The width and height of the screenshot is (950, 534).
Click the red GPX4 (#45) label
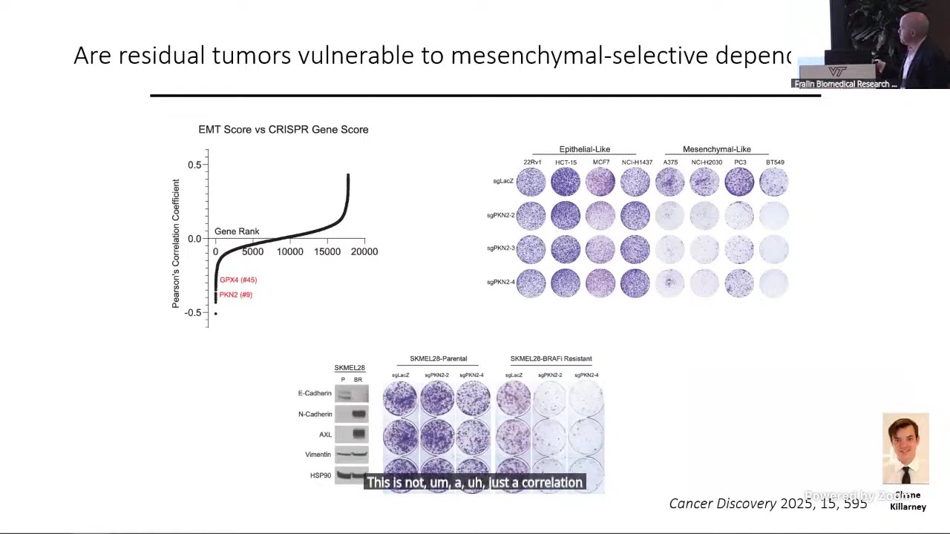pyautogui.click(x=237, y=280)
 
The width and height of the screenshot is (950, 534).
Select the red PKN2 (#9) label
pyautogui.click(x=235, y=294)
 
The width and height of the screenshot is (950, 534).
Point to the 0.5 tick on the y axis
pyautogui.click(x=194, y=165)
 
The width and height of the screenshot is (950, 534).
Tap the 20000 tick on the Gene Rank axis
pyautogui.click(x=364, y=252)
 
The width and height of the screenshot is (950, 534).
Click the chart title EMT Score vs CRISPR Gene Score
pyautogui.click(x=283, y=129)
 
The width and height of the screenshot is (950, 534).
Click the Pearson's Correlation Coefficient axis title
pyautogui.click(x=176, y=243)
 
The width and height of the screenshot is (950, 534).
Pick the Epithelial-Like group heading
pyautogui.click(x=584, y=149)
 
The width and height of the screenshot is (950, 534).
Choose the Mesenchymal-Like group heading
pyautogui.click(x=716, y=149)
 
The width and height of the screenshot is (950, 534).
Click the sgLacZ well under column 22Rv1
pyautogui.click(x=531, y=182)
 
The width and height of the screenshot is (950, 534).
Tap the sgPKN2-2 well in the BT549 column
pyautogui.click(x=773, y=216)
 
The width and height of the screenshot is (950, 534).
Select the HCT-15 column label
pyautogui.click(x=566, y=162)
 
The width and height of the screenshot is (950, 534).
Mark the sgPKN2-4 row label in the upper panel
pyautogui.click(x=500, y=282)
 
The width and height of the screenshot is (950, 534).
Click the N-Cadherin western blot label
pyautogui.click(x=315, y=414)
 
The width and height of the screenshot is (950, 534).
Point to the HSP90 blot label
pyautogui.click(x=320, y=475)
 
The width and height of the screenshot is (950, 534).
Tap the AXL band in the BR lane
pyautogui.click(x=358, y=434)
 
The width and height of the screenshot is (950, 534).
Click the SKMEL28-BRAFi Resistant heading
pyautogui.click(x=551, y=359)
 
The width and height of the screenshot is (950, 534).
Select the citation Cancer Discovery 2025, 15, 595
pyautogui.click(x=767, y=504)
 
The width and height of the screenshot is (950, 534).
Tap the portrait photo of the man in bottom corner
pyautogui.click(x=905, y=448)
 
